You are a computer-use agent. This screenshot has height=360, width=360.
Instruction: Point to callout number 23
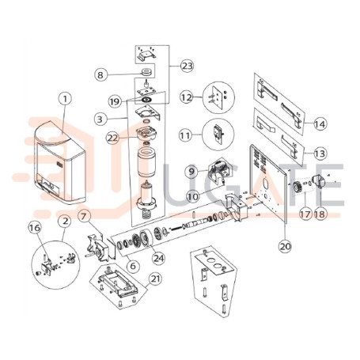point(187,66)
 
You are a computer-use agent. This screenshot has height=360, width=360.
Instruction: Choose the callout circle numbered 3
point(100,119)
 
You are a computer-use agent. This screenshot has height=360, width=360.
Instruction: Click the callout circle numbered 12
point(187,97)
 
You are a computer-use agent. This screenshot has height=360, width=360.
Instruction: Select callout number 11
point(185,135)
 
